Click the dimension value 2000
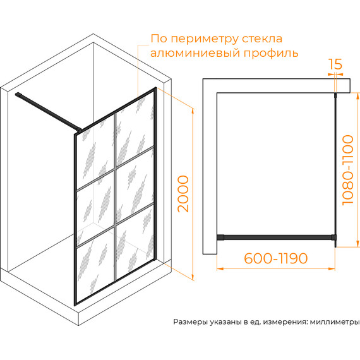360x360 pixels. coord(183,194)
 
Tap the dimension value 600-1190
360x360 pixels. coord(275,258)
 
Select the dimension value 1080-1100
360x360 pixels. coord(347,170)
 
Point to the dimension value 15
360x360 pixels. coord(335,64)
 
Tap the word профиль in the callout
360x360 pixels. coord(271,53)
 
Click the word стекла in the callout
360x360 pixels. coord(263,39)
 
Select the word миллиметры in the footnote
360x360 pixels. coord(335,322)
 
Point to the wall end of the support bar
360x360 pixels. coord(18,94)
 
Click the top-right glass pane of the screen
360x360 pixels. coord(135,129)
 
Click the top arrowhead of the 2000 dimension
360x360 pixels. coord(193,111)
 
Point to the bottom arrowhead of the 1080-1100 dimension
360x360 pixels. coord(357,244)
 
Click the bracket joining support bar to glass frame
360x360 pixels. coord(79,130)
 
